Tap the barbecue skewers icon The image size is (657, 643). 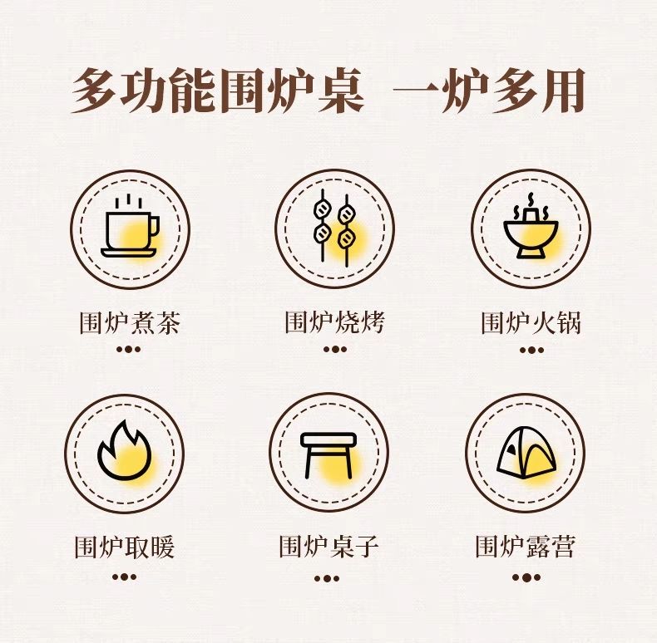click(334, 228)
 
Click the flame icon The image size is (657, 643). click(124, 450)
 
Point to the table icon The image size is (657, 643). click(328, 455)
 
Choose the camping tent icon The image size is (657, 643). click(526, 452)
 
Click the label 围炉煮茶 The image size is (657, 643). click(130, 323)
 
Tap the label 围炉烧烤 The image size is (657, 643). click(335, 322)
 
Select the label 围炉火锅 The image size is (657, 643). click(531, 323)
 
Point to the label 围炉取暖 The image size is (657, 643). click(125, 547)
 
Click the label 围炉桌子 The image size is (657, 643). click(329, 547)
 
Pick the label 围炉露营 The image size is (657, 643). click(525, 546)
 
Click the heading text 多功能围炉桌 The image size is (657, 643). click(217, 91)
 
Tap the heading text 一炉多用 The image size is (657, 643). click(488, 91)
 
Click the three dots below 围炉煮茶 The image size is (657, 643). click(129, 349)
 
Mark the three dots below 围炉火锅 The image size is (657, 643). click(531, 350)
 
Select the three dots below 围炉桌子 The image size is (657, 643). click(327, 578)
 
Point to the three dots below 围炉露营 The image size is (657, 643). click(526, 577)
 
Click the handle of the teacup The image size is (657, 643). click(154, 227)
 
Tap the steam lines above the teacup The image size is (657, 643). click(129, 201)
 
